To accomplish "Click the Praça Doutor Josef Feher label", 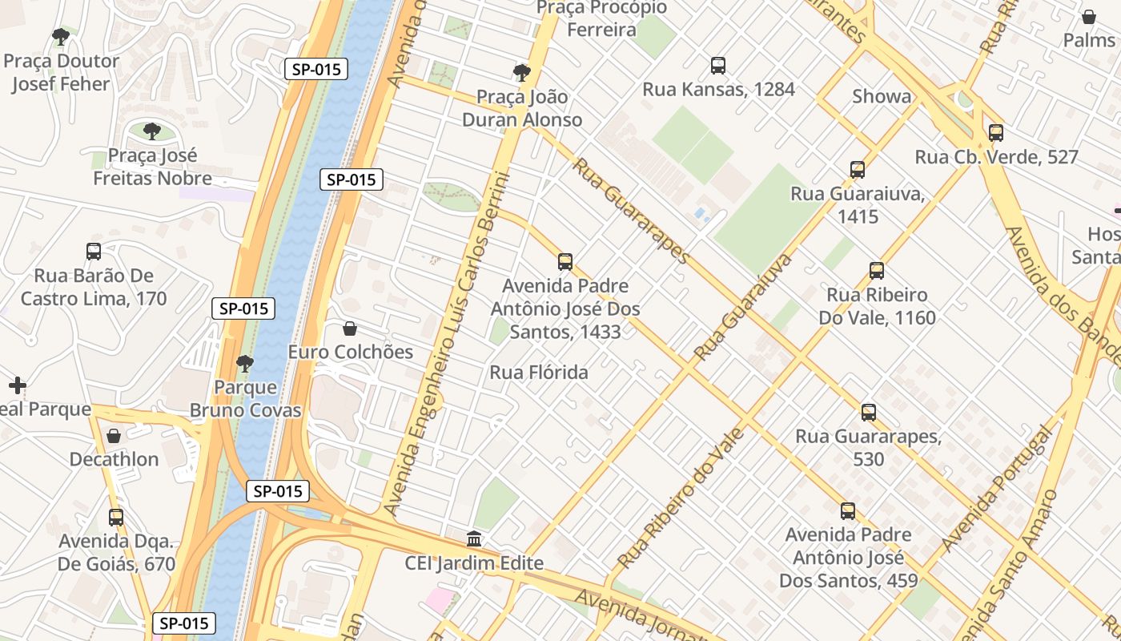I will tap(61, 72).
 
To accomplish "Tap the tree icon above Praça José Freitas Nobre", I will tap(152, 131).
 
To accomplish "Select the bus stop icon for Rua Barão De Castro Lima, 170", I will tap(94, 252).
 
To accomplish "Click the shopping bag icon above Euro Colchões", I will tap(350, 329).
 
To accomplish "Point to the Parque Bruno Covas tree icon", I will tap(245, 364).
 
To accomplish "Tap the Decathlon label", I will tap(114, 460).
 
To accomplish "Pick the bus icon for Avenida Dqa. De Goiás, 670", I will tap(116, 517).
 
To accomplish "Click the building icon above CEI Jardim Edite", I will tap(474, 539).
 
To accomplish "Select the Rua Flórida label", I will tap(539, 373).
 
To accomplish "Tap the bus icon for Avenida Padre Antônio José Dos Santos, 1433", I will tap(565, 262).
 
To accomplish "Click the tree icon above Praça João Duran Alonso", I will tap(522, 73).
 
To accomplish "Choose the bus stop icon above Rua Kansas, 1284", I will tap(718, 66).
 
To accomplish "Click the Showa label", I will tap(881, 97).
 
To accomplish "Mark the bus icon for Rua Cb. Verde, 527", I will tap(996, 133).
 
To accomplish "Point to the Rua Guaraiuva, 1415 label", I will tap(858, 205).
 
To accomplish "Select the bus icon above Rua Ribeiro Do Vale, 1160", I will tap(877, 271).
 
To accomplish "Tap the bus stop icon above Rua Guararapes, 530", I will tap(869, 413).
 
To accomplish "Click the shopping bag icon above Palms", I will tap(1089, 17).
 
